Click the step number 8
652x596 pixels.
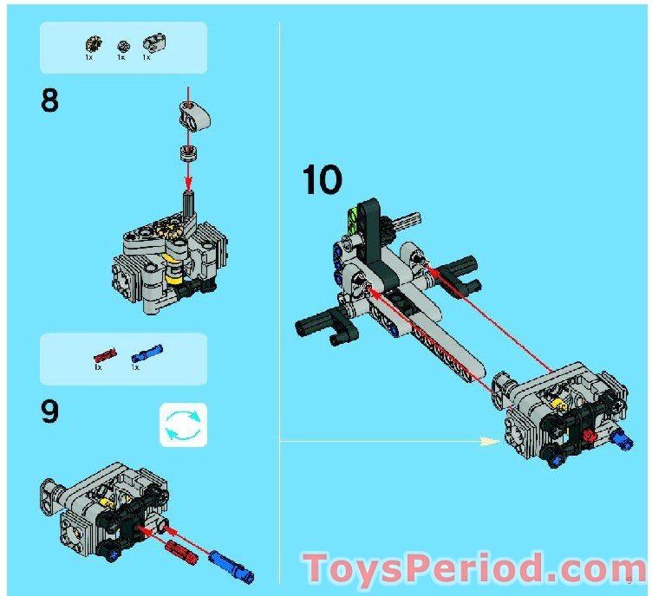click(x=50, y=101)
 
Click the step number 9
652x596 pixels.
click(x=50, y=411)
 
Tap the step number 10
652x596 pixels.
click(x=322, y=180)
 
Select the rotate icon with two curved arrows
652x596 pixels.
click(x=184, y=424)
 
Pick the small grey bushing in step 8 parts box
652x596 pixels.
click(x=122, y=45)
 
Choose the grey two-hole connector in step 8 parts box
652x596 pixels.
click(x=154, y=41)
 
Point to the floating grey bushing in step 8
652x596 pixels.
click(x=187, y=153)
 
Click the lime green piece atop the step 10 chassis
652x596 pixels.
click(x=352, y=218)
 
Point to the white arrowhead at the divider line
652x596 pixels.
click(x=491, y=441)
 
